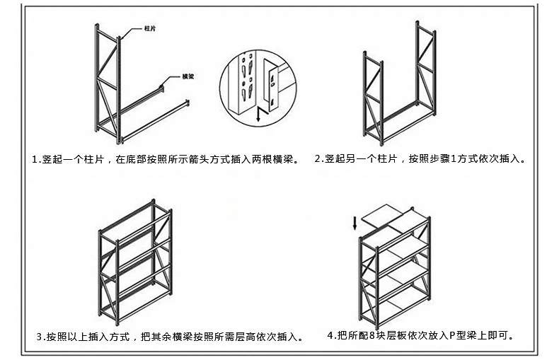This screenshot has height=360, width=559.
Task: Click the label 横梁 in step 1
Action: (188, 76)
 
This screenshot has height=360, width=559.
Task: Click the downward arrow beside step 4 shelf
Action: (355, 226)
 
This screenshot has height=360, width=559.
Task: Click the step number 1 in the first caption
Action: (35, 160)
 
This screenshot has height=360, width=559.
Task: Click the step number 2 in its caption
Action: (318, 159)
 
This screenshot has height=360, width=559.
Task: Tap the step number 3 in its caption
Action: (40, 337)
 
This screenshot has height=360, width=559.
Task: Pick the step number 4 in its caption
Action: (330, 335)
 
